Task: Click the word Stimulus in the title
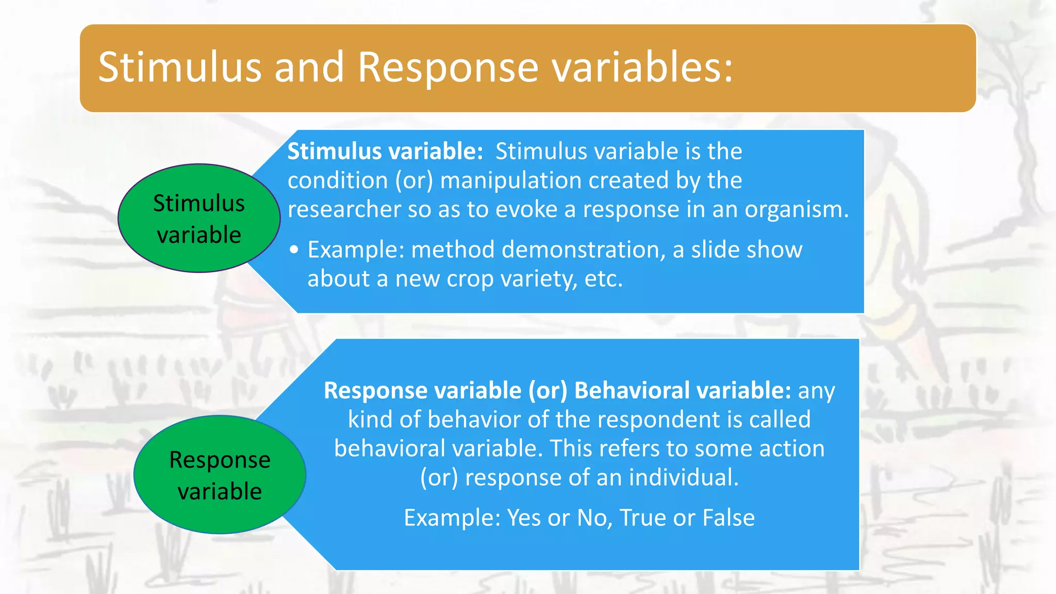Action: (180, 68)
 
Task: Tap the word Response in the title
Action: (448, 68)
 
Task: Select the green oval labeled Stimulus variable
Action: (199, 219)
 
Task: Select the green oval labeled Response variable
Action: (220, 475)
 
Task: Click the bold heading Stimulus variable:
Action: (385, 152)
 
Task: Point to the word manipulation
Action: (510, 181)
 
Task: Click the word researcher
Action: (344, 209)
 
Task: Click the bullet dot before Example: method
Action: (294, 250)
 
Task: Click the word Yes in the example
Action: (524, 518)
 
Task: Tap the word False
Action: (729, 518)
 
